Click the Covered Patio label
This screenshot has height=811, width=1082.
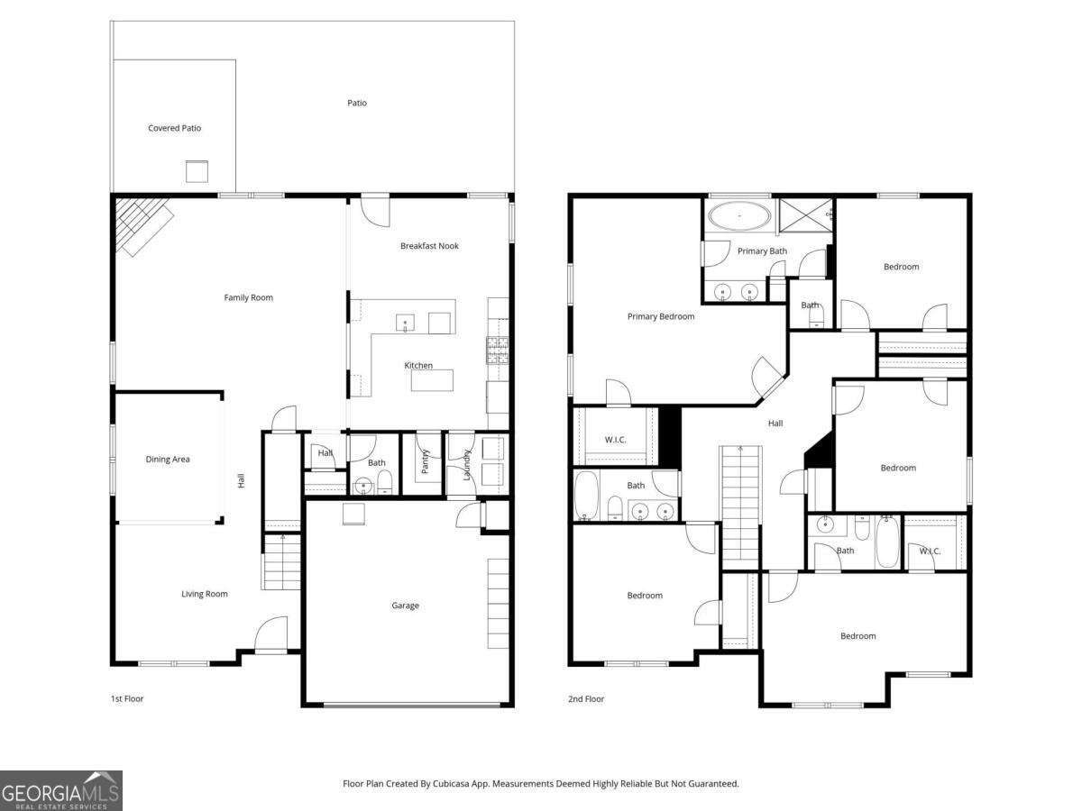[x=175, y=128]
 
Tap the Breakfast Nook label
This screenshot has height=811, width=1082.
[x=429, y=246]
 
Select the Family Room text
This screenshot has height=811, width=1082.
[x=249, y=297]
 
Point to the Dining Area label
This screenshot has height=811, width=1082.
[x=168, y=459]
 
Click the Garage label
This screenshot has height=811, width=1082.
[x=405, y=606]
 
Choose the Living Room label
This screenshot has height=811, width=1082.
[x=205, y=594]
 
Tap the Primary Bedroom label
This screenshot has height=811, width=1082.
[x=661, y=316]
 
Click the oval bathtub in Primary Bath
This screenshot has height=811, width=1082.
[x=739, y=215]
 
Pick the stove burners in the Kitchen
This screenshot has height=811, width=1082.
[x=498, y=351]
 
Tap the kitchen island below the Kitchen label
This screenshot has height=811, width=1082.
[x=432, y=380]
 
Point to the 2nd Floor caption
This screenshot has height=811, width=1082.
[x=585, y=698]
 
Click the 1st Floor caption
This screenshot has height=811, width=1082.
[x=127, y=698]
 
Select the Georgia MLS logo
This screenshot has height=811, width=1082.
[x=61, y=790]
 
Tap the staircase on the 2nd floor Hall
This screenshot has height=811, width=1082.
[x=740, y=508]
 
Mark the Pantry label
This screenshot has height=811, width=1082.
[x=426, y=461]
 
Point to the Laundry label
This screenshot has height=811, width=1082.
[x=467, y=465]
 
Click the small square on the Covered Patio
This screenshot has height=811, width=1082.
[x=197, y=171]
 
